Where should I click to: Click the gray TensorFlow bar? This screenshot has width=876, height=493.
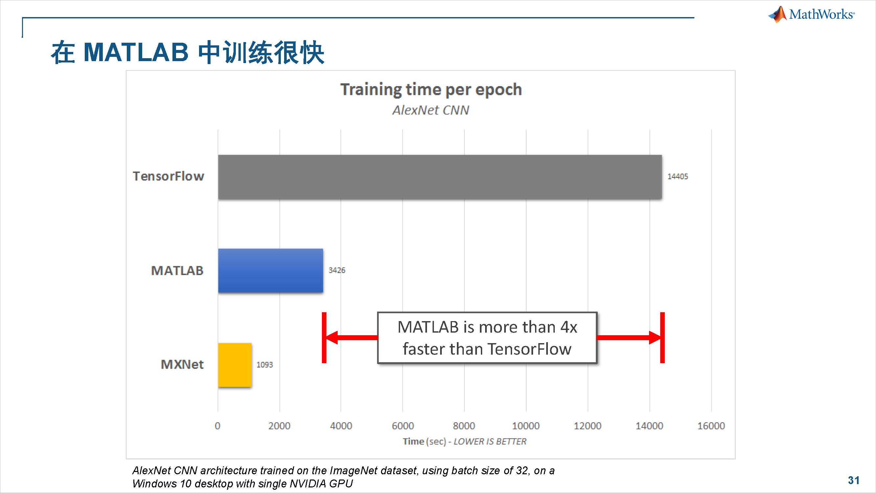pos(440,176)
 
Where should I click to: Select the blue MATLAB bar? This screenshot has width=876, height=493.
pos(271,270)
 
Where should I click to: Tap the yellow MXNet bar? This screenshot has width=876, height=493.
pos(235,365)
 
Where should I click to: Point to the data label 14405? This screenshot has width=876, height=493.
pos(677,176)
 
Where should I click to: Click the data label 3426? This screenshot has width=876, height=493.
pos(337,270)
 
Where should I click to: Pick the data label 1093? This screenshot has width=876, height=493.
pos(264,365)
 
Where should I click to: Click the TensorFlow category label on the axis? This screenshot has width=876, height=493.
pos(168,176)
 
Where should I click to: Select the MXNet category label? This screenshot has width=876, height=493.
pos(182,364)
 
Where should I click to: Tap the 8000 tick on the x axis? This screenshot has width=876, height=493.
pos(464,426)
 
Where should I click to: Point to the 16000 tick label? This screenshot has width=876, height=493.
pos(711,426)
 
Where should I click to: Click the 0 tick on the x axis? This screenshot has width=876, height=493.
pos(218,426)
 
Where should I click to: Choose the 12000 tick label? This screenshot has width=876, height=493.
pos(588,426)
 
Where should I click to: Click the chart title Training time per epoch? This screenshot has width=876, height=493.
pos(431,90)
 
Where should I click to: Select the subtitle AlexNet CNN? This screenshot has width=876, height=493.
pos(431,110)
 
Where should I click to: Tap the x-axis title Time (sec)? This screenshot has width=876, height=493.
pos(424,441)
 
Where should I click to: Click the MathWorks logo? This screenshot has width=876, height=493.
pos(811,14)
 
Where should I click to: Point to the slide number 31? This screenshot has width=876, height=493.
pos(854,480)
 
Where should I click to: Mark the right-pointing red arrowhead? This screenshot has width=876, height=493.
pos(655,338)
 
